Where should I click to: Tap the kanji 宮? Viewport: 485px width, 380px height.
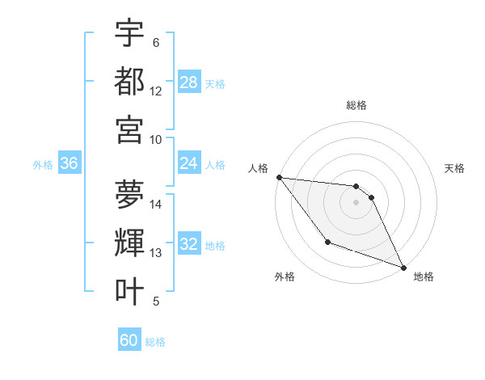(x=129, y=129)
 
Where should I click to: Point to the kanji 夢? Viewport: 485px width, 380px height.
(x=129, y=194)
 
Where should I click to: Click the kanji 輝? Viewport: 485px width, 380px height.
(x=129, y=243)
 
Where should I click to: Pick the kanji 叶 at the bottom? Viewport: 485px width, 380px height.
(x=129, y=291)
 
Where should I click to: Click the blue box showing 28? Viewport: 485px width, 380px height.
(x=189, y=82)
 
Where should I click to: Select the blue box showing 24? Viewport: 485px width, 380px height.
(x=189, y=163)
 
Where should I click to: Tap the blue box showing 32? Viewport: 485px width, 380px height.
(x=189, y=244)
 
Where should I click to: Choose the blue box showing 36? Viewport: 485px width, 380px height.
(x=70, y=163)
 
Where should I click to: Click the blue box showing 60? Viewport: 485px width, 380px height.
(x=129, y=340)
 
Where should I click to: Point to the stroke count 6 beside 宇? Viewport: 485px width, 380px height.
(x=156, y=43)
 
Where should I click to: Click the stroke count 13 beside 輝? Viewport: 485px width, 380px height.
(x=156, y=253)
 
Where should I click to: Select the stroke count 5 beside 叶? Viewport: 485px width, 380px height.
(x=156, y=302)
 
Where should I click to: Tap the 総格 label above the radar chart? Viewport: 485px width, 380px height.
(x=356, y=105)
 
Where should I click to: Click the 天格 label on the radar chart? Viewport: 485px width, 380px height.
(x=454, y=168)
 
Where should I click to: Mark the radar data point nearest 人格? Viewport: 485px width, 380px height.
(x=279, y=177)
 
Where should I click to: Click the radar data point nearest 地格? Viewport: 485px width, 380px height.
(x=403, y=268)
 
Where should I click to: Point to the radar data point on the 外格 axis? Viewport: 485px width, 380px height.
(x=327, y=242)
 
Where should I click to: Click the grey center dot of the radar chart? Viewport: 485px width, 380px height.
(x=356, y=202)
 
